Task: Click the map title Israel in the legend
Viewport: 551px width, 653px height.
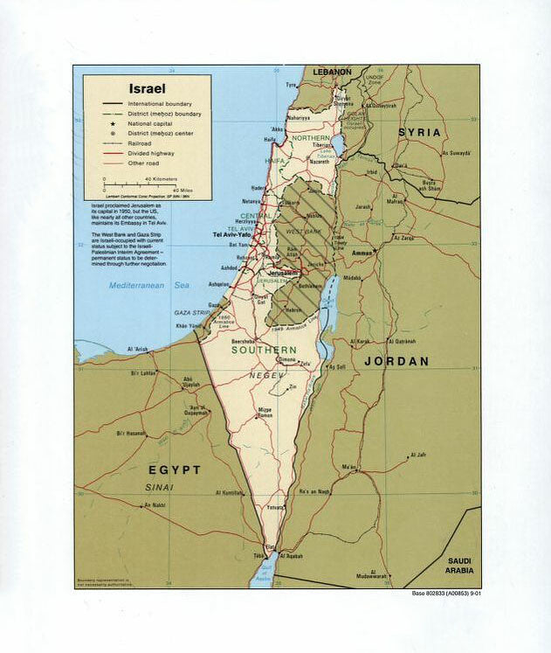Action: [x=147, y=89]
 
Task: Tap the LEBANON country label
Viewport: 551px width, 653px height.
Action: [x=333, y=72]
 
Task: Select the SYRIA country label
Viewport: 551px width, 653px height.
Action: [x=420, y=132]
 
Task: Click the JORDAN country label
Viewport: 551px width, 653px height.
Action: [x=396, y=361]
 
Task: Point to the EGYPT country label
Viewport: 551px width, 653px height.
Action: [x=173, y=469]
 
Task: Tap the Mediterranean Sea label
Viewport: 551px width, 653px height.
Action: [x=149, y=286]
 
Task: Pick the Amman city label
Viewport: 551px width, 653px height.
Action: [x=362, y=253]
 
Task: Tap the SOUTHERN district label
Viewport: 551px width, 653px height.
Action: [x=263, y=350]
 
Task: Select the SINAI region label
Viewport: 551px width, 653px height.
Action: [x=160, y=487]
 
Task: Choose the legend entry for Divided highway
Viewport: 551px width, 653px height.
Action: [x=153, y=153]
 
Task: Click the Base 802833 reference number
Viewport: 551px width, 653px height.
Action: [x=445, y=594]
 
